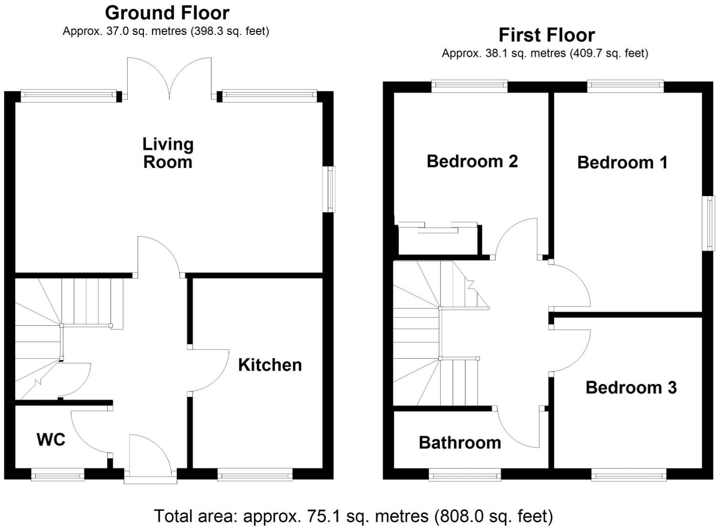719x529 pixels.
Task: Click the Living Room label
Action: (x=168, y=153)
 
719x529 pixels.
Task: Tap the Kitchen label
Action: (x=270, y=365)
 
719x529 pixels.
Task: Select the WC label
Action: (x=51, y=440)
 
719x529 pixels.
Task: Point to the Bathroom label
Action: (x=459, y=442)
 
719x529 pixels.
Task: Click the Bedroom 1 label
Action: (x=622, y=163)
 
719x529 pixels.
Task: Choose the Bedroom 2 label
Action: (x=472, y=161)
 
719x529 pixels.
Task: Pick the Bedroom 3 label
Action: (x=631, y=387)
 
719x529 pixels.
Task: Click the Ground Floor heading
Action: (x=167, y=13)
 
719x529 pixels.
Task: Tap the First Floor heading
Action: (x=546, y=35)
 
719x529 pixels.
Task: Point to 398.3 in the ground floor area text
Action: (x=208, y=32)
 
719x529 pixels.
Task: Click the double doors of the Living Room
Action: (x=169, y=79)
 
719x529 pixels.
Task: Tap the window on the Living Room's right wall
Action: (x=329, y=189)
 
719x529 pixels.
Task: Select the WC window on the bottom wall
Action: (x=57, y=474)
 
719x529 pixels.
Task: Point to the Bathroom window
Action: (x=465, y=474)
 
